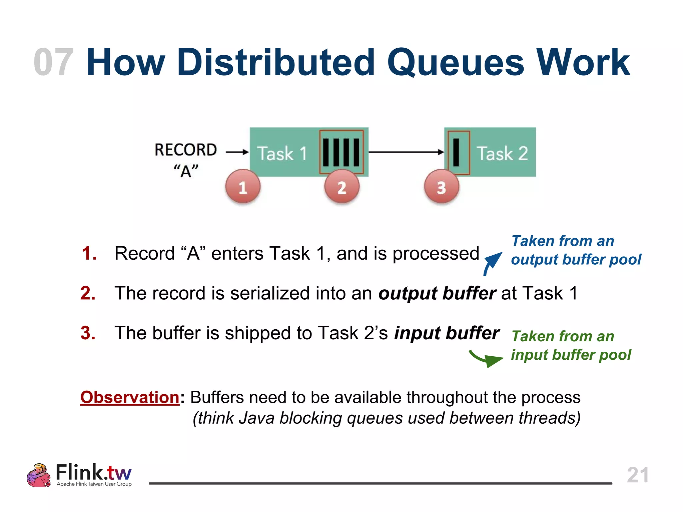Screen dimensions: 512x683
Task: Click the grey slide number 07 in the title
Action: click(x=53, y=62)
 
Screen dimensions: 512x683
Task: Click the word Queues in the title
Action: click(x=456, y=62)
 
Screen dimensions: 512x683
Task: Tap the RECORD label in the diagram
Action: click(x=186, y=150)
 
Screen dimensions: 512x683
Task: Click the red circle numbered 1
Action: click(x=243, y=187)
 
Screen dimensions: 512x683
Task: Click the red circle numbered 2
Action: click(x=342, y=187)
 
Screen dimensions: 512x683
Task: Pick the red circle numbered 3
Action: click(x=442, y=187)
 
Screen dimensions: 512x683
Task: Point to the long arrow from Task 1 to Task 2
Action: click(x=405, y=152)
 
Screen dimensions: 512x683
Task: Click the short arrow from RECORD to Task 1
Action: click(x=237, y=152)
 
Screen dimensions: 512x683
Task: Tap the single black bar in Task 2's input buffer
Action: click(x=456, y=152)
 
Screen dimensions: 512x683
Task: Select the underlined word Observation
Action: click(x=130, y=397)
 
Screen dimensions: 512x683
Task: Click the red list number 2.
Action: click(x=88, y=293)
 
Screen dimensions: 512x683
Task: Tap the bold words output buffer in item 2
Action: click(x=437, y=293)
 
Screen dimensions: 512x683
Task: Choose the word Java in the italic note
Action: click(x=256, y=418)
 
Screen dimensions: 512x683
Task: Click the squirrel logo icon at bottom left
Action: click(x=39, y=475)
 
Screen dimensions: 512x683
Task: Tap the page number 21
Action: click(x=637, y=475)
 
